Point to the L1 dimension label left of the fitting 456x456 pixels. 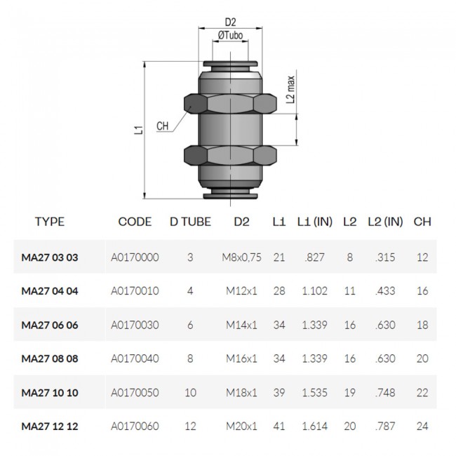coord(140,128)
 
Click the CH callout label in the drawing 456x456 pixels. coord(163,126)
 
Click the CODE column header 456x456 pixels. coord(135,222)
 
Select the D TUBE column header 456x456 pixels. coord(190,222)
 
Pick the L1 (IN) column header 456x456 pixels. coord(313,222)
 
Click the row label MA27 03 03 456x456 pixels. coord(50,257)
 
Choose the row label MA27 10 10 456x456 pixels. coord(50,392)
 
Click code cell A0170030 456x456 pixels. coord(135,325)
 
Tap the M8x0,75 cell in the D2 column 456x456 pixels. coord(241,257)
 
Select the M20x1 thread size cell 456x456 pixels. coord(241,426)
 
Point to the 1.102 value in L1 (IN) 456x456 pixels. coord(314,291)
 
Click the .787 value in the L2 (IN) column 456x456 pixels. coord(384,426)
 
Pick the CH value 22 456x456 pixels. coord(422,392)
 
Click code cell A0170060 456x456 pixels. coord(135,426)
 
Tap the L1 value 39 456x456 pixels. coord(279,392)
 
